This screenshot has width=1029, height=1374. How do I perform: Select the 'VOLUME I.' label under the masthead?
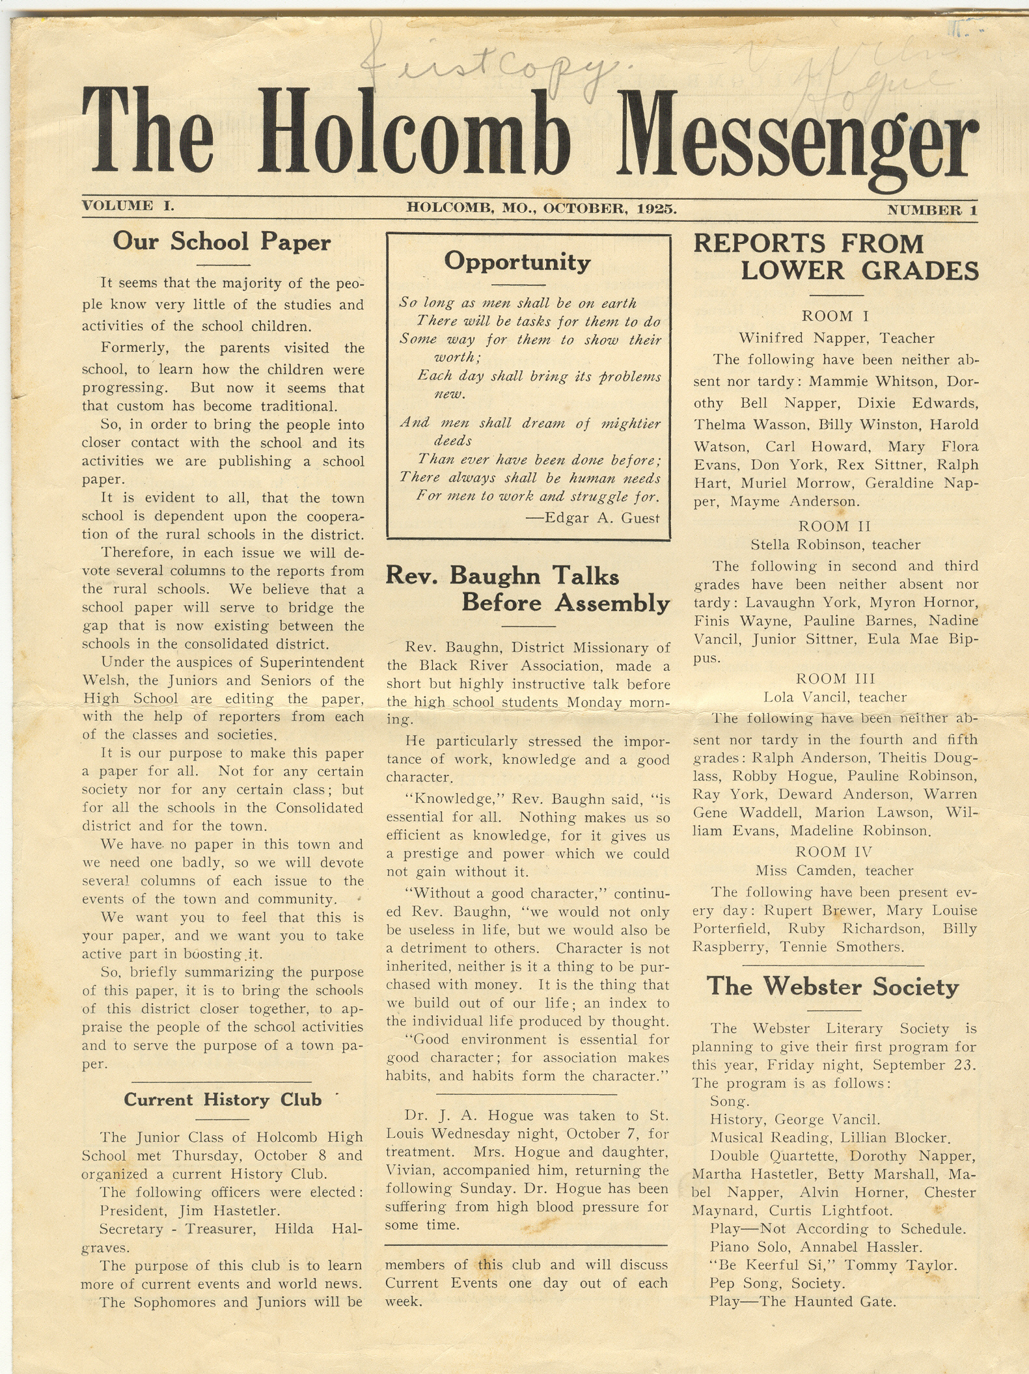tap(128, 206)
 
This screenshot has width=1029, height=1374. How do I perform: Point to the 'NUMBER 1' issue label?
tap(932, 210)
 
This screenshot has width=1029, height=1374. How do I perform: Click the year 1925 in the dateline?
tap(657, 209)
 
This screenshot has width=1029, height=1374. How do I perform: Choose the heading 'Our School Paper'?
tap(222, 242)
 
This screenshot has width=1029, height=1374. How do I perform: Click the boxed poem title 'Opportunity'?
tap(517, 262)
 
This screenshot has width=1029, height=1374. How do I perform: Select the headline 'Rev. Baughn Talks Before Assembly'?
tap(527, 589)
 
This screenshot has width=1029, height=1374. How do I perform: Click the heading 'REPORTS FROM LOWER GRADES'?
tap(836, 257)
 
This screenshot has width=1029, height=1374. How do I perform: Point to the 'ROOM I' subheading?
tap(836, 316)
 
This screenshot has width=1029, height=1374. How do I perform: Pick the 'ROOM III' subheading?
tap(836, 679)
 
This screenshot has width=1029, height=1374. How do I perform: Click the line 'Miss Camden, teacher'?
tap(834, 870)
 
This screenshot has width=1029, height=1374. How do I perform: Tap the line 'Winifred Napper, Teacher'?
tap(836, 338)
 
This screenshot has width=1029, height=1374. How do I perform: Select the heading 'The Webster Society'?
tap(833, 986)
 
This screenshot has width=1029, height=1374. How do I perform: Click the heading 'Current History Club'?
tap(223, 1099)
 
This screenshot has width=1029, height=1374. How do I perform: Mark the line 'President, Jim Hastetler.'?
tap(189, 1211)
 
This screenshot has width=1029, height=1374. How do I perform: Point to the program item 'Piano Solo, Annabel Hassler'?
tap(816, 1247)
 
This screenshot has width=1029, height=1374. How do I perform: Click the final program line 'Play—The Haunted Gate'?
tap(803, 1302)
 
